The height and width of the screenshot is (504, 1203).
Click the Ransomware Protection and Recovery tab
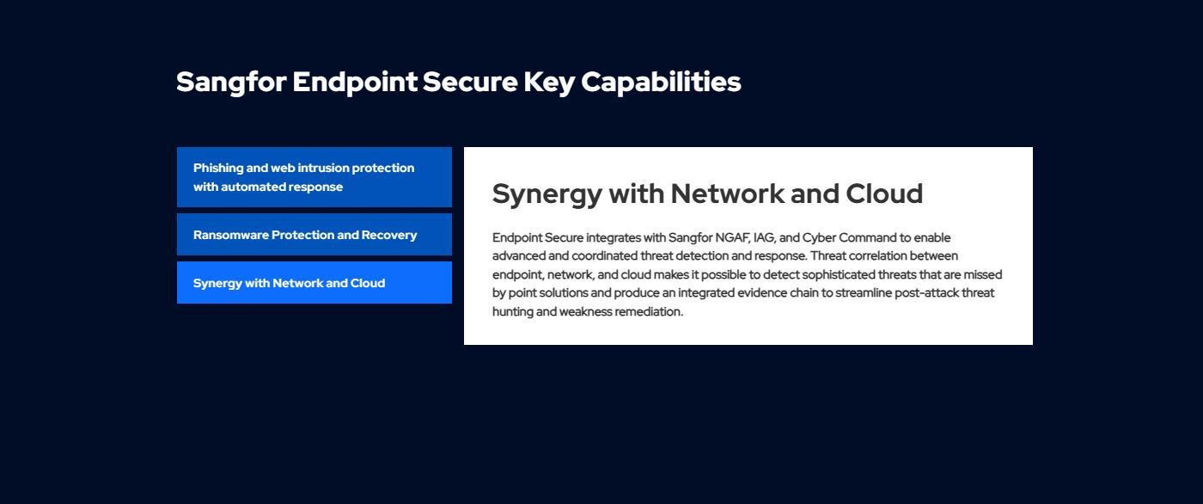point(314,234)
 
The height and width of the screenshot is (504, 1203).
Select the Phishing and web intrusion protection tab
point(314,177)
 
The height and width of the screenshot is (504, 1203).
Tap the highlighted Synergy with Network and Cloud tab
point(314,283)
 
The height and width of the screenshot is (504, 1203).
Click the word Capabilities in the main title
point(661,83)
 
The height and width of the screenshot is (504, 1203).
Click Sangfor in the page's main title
point(231,83)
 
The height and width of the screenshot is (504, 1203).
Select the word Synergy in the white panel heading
point(547,195)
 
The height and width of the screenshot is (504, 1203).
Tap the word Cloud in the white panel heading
point(884,194)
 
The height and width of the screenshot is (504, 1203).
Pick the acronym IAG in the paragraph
point(764,237)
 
